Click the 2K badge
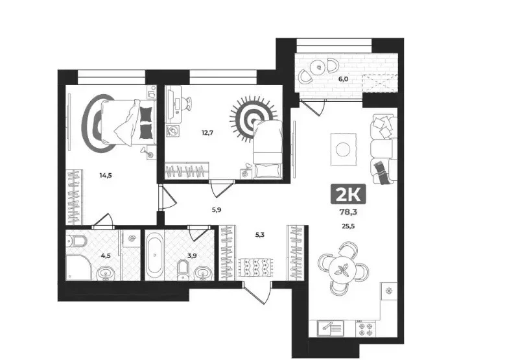[348, 194]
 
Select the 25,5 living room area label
[348, 226]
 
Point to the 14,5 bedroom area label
[106, 176]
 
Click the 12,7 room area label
[207, 132]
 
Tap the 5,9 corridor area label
[217, 210]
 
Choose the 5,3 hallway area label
[260, 235]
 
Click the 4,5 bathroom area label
[106, 256]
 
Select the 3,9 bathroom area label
[192, 256]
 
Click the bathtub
[154, 256]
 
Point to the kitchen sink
[331, 328]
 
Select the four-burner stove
[366, 328]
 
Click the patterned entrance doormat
[256, 267]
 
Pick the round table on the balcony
[319, 67]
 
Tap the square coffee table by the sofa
[343, 149]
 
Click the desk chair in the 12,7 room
[187, 104]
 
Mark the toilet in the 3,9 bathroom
[183, 269]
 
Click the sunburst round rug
[253, 119]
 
